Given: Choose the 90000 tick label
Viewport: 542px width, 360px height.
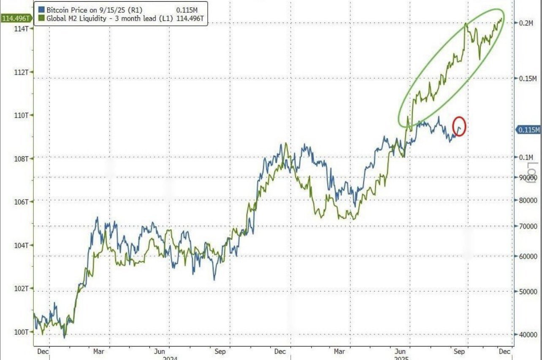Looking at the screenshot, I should [528, 178].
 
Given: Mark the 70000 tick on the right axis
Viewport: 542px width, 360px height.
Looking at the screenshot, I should [528, 227].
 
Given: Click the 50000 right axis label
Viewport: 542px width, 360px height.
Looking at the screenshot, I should [528, 292].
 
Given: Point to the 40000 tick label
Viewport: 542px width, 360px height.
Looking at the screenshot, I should [528, 335].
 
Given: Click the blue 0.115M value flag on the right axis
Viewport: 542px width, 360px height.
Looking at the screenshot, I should [529, 130].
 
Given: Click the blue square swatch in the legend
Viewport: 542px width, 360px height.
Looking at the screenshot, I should [41, 9].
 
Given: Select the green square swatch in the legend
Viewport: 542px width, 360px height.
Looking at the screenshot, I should [41, 17].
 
